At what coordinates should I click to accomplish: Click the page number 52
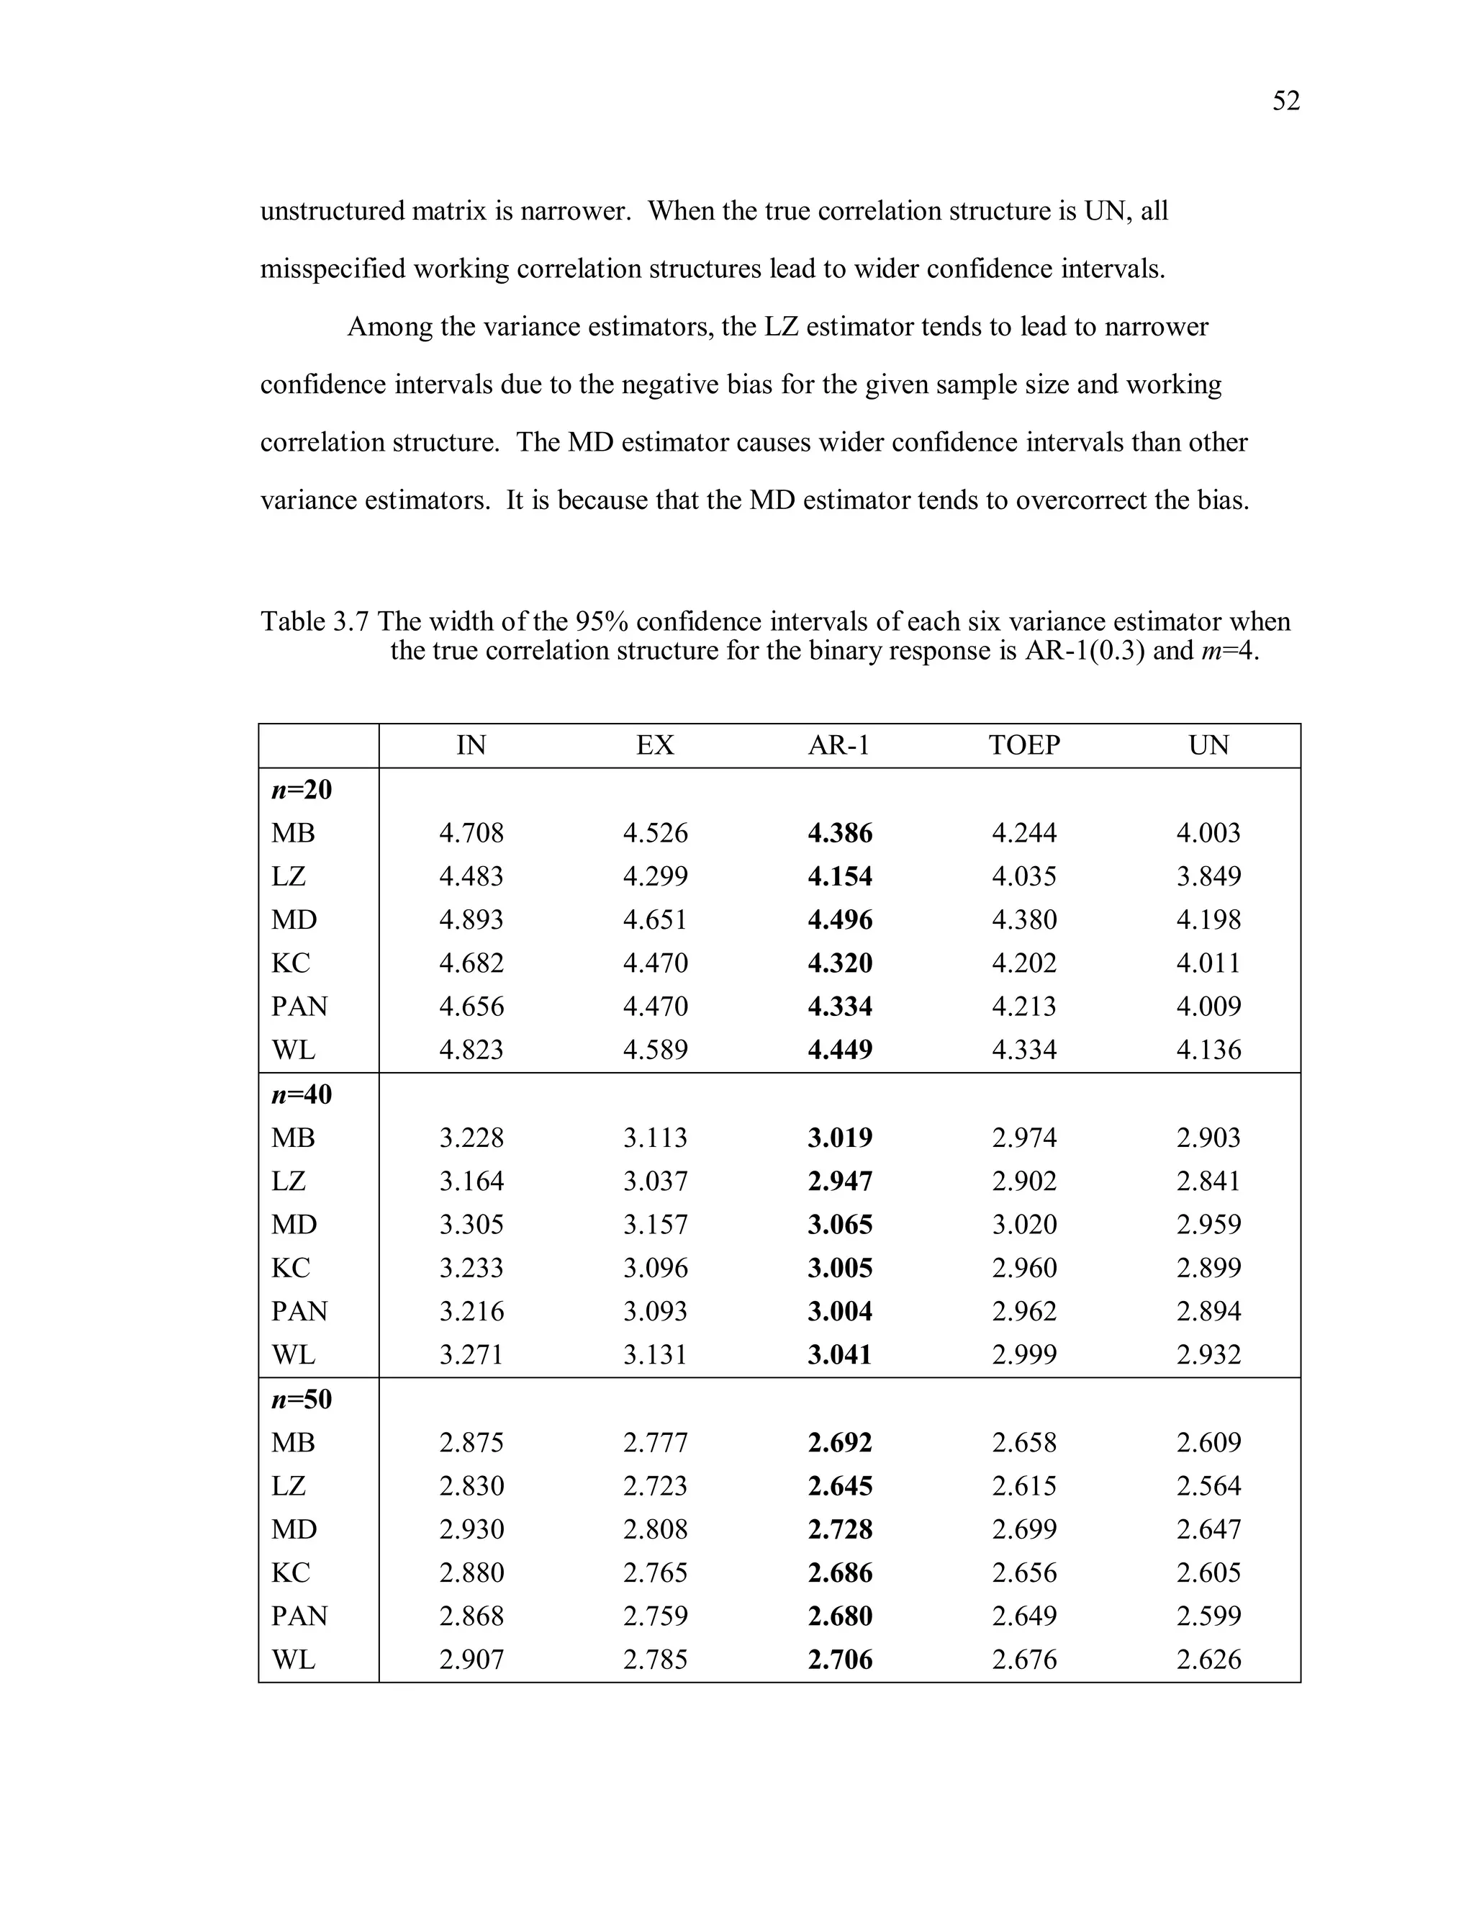coord(1285,102)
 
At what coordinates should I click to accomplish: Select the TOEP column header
coord(1023,745)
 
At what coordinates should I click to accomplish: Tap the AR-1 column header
coord(839,745)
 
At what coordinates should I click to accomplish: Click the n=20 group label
coord(302,790)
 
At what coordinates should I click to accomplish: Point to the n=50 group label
coord(302,1400)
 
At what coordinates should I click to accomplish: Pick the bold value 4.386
coord(839,832)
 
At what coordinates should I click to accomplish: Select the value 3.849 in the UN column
coord(1208,876)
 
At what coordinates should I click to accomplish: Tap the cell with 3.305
coord(471,1225)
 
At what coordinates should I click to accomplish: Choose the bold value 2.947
coord(839,1181)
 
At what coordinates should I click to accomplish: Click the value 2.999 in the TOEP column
coord(1023,1355)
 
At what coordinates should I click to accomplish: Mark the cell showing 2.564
coord(1208,1486)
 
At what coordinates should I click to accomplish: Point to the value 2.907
coord(471,1660)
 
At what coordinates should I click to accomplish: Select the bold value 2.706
coord(839,1660)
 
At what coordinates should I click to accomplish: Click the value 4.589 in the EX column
coord(655,1049)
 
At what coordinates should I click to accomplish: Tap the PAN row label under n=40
coord(299,1311)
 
